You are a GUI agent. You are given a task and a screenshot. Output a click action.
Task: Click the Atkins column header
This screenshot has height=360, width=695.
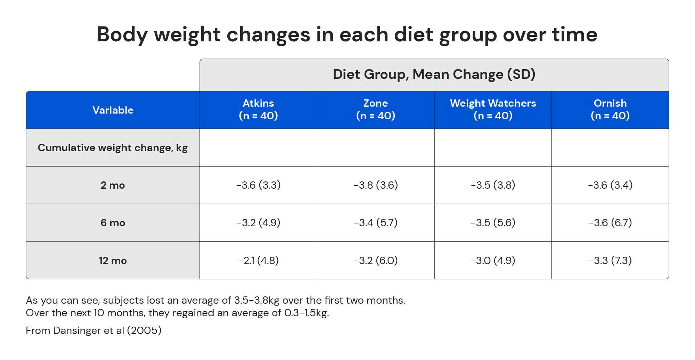[x=258, y=109]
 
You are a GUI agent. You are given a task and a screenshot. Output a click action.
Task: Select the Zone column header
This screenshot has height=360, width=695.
[x=376, y=109]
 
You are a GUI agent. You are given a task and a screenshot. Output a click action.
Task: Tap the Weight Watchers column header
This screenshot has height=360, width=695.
[x=493, y=109]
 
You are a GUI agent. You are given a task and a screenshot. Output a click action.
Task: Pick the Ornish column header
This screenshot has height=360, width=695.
[x=610, y=109]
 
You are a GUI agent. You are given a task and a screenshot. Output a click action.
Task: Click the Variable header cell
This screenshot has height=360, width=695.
[x=113, y=110]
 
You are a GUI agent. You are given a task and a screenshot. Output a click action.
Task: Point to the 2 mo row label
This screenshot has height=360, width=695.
[x=113, y=185]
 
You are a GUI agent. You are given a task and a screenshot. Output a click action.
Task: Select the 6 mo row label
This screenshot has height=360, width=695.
[x=113, y=223]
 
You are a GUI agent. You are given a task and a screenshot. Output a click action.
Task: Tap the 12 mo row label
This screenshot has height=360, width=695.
[x=113, y=261]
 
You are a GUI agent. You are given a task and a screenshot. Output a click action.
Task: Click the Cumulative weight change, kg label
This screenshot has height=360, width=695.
[x=113, y=148]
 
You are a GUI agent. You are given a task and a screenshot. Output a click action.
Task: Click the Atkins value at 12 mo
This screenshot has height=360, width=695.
[x=258, y=260]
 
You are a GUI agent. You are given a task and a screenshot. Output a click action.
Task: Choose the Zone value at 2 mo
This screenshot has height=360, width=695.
[x=376, y=185]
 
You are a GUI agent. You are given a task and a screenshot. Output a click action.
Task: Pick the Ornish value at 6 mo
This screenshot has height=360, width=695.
[x=610, y=222]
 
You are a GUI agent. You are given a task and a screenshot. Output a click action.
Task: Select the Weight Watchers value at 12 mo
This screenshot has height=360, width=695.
[x=493, y=260]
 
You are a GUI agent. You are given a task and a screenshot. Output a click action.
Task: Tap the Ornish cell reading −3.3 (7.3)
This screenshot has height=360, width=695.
[x=610, y=260]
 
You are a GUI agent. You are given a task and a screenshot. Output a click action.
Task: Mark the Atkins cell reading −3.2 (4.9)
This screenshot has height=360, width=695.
[x=258, y=222]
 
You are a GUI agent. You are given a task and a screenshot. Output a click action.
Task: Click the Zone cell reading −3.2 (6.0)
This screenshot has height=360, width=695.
[x=376, y=260]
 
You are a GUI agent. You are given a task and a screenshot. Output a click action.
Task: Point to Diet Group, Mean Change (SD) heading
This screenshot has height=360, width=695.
[x=434, y=74]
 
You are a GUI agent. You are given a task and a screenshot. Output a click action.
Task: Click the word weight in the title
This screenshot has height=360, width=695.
[x=187, y=35]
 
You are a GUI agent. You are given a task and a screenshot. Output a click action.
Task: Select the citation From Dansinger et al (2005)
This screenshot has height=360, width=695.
[x=93, y=330]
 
